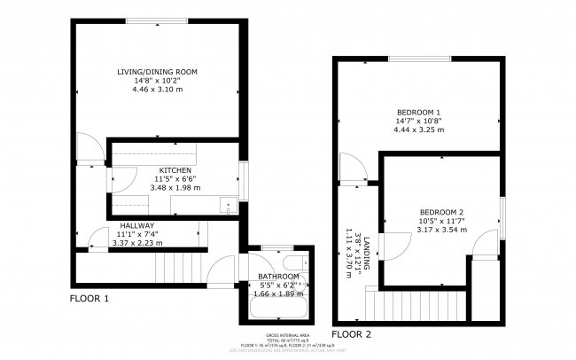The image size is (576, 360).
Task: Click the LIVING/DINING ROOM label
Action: [x=158, y=71]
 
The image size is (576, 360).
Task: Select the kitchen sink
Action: [x=228, y=206]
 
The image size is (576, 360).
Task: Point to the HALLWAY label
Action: [x=137, y=226]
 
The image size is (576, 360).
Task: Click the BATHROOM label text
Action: [x=278, y=277]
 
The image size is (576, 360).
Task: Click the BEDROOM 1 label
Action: [x=419, y=111]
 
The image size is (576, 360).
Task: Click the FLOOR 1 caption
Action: [x=90, y=299]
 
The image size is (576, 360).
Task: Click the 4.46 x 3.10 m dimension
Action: [x=158, y=90]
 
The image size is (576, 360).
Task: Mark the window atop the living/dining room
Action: [x=157, y=20]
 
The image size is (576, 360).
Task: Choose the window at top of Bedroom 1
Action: [x=419, y=59]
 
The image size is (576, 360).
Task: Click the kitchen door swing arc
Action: [x=118, y=180]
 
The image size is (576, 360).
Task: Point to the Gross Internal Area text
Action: [x=288, y=335]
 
